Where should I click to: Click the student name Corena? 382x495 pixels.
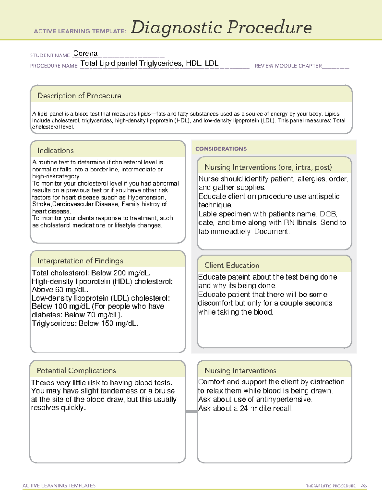[85, 54]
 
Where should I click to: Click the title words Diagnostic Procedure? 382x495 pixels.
[221, 27]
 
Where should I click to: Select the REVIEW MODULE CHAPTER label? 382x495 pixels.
[288, 66]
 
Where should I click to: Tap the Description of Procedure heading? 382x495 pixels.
[79, 96]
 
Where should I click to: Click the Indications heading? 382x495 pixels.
[55, 150]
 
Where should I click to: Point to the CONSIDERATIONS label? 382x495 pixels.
[221, 149]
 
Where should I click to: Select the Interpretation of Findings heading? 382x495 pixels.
[80, 261]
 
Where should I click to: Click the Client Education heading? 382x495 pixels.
[232, 265]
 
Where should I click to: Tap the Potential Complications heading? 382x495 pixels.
[76, 371]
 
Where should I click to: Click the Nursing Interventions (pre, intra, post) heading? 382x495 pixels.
[268, 167]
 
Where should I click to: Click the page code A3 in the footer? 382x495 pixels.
[364, 486]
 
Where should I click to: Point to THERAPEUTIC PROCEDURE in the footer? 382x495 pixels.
[330, 486]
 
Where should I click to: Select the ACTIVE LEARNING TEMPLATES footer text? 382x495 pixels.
[59, 485]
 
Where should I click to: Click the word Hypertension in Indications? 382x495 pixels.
[146, 197]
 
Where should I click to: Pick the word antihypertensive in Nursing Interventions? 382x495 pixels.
[283, 399]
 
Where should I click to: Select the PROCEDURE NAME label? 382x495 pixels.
[54, 66]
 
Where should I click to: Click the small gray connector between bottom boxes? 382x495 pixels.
[191, 411]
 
